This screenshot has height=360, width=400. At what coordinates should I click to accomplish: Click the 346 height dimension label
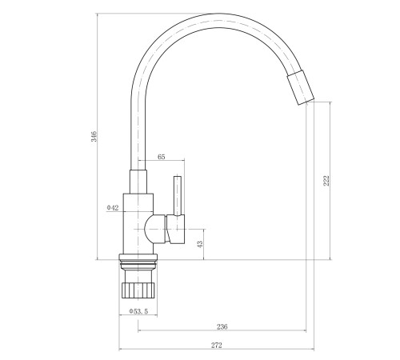[94, 136]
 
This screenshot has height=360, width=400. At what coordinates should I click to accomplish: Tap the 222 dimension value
[326, 181]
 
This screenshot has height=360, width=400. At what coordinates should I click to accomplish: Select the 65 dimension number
[161, 157]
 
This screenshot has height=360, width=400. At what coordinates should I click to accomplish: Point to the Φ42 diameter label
[113, 207]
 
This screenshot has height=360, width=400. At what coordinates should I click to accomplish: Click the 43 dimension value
[200, 244]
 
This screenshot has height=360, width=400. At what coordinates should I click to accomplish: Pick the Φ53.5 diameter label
[138, 311]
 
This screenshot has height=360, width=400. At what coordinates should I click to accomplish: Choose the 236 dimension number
[222, 326]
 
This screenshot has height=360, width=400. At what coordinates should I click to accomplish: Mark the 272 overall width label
[217, 346]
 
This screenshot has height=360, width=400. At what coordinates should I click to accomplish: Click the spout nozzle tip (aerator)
[301, 88]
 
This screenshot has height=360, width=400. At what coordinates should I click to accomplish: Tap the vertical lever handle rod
[178, 195]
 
